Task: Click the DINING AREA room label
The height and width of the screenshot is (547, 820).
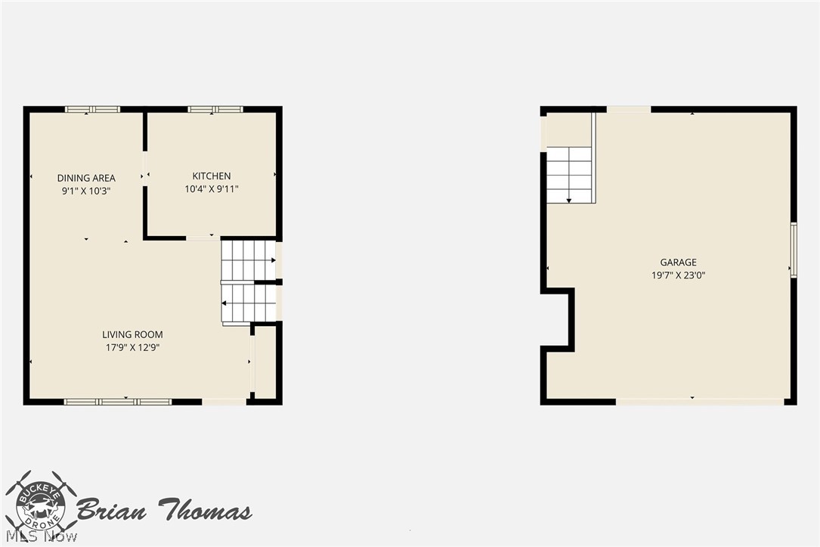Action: pyautogui.click(x=86, y=178)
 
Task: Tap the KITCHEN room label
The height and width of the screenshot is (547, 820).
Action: pyautogui.click(x=212, y=176)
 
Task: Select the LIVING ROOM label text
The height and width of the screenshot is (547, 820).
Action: pyautogui.click(x=132, y=334)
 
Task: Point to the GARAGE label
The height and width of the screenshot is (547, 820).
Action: pyautogui.click(x=678, y=263)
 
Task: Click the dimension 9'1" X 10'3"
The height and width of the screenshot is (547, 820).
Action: pyautogui.click(x=86, y=191)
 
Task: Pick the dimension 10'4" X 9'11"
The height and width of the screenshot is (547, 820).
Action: pyautogui.click(x=212, y=189)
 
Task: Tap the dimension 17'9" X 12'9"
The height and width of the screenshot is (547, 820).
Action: pyautogui.click(x=132, y=347)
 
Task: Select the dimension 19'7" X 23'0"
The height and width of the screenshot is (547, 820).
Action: pyautogui.click(x=678, y=275)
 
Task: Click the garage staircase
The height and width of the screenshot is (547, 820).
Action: pyautogui.click(x=569, y=175)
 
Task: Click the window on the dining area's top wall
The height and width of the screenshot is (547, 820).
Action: pyautogui.click(x=92, y=110)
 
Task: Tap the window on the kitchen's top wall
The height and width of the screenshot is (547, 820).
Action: pyautogui.click(x=215, y=110)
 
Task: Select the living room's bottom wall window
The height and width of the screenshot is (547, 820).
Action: pyautogui.click(x=118, y=402)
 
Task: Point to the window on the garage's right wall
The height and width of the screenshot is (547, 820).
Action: pyautogui.click(x=794, y=249)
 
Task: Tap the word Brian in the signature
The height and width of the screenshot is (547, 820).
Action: pyautogui.click(x=111, y=509)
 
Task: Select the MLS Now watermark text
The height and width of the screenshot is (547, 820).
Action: pyautogui.click(x=42, y=536)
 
